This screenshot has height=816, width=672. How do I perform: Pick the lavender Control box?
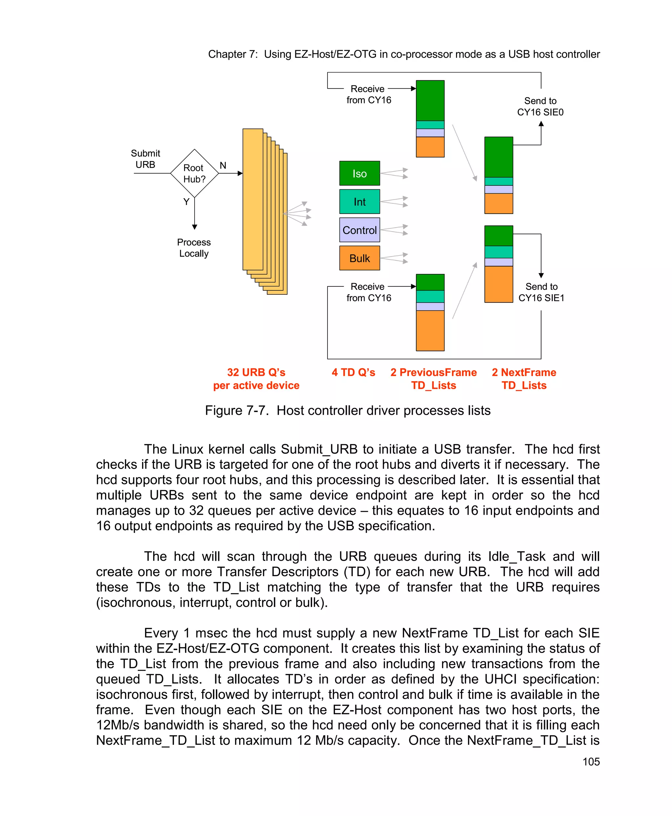click(359, 230)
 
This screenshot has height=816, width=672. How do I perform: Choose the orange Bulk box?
click(359, 258)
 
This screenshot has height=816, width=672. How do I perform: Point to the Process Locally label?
click(194, 248)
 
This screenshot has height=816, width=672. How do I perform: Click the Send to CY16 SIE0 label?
click(540, 106)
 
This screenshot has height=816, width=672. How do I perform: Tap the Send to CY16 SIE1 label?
click(541, 292)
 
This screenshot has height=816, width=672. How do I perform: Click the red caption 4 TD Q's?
click(353, 372)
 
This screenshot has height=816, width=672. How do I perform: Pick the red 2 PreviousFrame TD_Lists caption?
click(433, 379)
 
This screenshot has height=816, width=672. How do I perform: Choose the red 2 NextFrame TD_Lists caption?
click(524, 379)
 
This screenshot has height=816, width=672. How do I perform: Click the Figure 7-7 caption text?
click(347, 410)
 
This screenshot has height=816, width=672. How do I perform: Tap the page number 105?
click(591, 762)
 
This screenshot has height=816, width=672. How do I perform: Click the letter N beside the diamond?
click(223, 165)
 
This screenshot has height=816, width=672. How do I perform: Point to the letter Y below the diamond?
click(186, 202)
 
